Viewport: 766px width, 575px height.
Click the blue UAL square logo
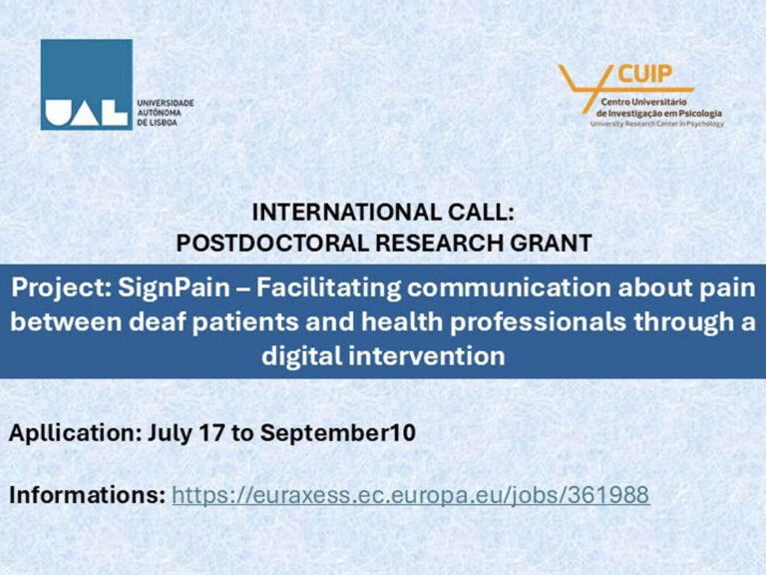click(87, 85)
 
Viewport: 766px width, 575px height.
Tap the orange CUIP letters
click(645, 74)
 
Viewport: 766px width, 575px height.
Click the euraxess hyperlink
click(410, 495)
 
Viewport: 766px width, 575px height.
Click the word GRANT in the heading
click(551, 243)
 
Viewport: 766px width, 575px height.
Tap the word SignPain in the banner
click(174, 287)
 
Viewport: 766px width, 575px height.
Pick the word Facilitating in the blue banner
click(328, 287)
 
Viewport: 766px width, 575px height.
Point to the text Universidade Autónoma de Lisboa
click(166, 113)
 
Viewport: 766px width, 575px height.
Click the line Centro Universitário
click(644, 102)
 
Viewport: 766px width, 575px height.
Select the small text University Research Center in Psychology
click(657, 124)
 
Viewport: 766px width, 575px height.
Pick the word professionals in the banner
click(538, 322)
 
